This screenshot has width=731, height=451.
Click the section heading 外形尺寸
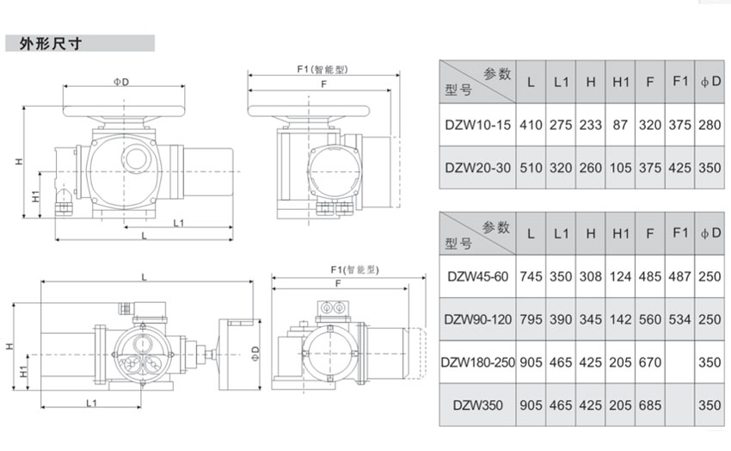[49, 44]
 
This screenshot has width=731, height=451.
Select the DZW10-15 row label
[477, 125]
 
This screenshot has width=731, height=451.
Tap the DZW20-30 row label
[477, 168]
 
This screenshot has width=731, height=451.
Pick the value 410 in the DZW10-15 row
[531, 125]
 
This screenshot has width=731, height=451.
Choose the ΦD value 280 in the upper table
[710, 125]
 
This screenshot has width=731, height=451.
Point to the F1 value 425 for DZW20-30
[680, 168]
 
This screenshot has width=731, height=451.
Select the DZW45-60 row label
[478, 276]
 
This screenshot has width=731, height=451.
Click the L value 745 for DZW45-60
[531, 276]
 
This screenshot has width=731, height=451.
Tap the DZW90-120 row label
[478, 319]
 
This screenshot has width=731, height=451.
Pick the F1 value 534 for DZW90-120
[680, 319]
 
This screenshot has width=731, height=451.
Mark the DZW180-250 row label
[478, 362]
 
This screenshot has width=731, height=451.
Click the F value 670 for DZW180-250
[650, 362]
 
